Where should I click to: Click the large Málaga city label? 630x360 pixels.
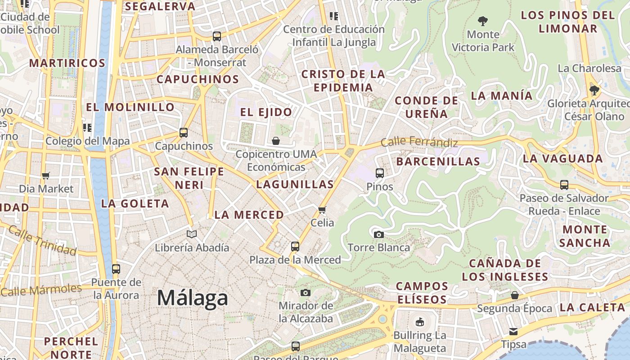pos(193,298)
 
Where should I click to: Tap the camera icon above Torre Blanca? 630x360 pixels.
pos(379,234)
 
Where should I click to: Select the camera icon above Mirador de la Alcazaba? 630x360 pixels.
pos(306,293)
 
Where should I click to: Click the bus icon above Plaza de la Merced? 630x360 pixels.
pos(295,247)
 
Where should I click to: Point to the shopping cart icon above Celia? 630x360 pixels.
pos(322,210)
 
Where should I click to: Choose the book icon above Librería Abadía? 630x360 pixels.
pos(192,234)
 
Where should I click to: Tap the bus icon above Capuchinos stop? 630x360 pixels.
pos(184,133)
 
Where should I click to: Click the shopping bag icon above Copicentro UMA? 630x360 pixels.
pos(276,141)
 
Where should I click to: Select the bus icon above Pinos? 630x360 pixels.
pos(380,173)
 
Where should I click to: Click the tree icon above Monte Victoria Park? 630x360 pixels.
pos(483,21)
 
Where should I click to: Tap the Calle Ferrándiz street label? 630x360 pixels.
pos(419,143)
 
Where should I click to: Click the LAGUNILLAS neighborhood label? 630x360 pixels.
pos(295,184)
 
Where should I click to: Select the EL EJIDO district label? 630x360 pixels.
pos(266,112)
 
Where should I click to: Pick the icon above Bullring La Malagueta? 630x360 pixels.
pos(420,322)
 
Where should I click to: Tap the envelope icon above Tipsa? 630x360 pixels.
pos(513,332)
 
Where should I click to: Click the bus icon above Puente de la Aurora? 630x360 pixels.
pos(116,269)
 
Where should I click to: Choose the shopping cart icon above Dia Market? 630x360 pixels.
pos(45,175)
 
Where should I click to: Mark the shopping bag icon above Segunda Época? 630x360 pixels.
pos(515,295)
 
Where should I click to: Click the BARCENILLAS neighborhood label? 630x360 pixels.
pos(438,162)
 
